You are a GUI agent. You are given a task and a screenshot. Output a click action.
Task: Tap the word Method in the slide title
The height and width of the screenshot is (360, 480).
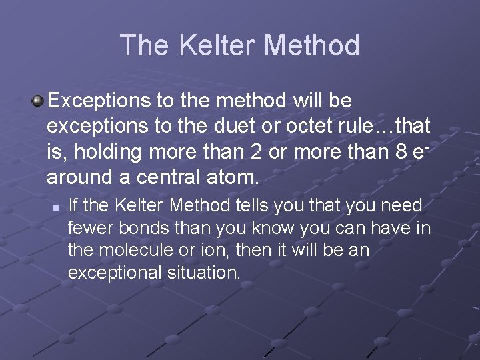point(312,45)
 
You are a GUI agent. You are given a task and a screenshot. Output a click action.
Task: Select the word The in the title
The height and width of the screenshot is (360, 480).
point(142,45)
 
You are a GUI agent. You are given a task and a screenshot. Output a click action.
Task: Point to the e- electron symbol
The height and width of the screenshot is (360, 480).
point(419,151)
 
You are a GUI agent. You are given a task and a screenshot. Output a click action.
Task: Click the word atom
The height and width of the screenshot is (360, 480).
point(236,178)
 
